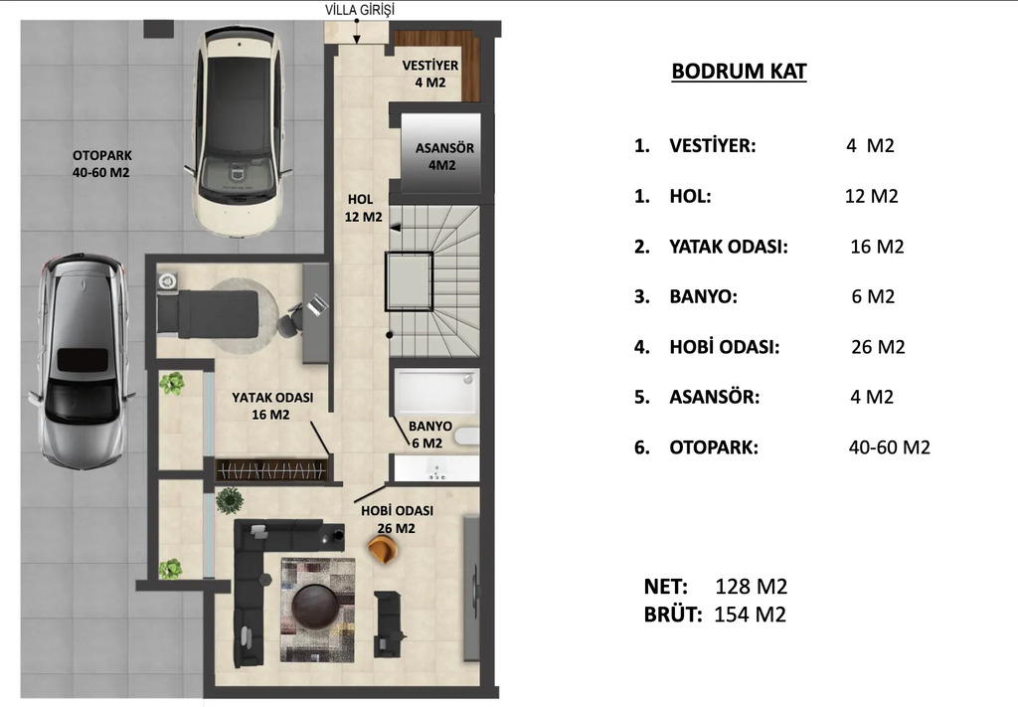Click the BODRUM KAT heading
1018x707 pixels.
(739, 71)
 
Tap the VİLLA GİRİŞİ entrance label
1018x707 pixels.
(360, 10)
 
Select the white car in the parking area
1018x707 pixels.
(238, 130)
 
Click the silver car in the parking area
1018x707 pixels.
(83, 360)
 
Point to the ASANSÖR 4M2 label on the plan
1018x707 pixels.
(444, 156)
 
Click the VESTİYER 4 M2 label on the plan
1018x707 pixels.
(430, 74)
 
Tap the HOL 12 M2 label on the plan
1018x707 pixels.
(363, 208)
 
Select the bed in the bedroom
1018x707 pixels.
(208, 313)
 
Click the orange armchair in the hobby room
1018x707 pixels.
(382, 550)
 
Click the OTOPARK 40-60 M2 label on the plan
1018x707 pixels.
(101, 164)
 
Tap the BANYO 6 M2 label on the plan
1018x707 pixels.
(429, 435)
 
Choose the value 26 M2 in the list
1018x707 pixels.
(878, 347)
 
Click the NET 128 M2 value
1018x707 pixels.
(752, 587)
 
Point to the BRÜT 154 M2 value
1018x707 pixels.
(750, 615)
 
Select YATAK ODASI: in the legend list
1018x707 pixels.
(729, 247)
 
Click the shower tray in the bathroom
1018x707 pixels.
(435, 392)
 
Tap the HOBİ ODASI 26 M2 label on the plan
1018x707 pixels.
(397, 519)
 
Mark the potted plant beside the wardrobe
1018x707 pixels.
(230, 500)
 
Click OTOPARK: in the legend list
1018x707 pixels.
(714, 447)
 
